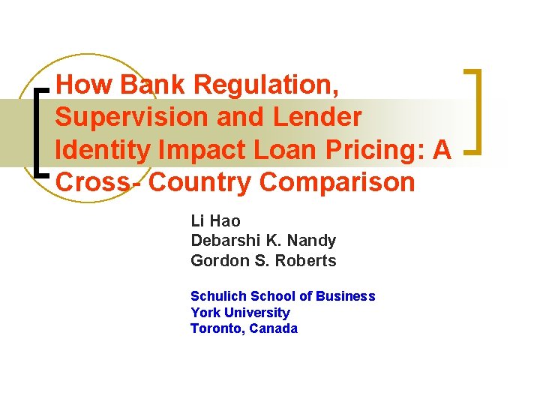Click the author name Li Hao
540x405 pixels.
[215, 221]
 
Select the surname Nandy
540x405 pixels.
[310, 241]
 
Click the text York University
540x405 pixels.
[240, 313]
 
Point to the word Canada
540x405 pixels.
[274, 328]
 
